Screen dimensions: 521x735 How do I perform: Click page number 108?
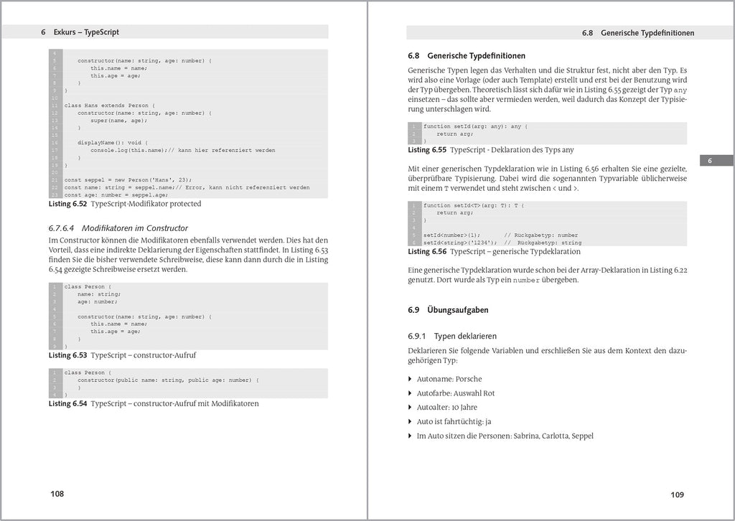(x=57, y=494)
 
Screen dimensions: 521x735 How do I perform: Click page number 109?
(x=677, y=494)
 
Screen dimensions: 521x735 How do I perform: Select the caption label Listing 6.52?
(x=67, y=204)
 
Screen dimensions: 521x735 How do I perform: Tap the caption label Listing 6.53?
(x=67, y=355)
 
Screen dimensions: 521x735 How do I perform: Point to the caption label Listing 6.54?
(x=67, y=403)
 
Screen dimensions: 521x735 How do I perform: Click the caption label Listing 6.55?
(x=427, y=150)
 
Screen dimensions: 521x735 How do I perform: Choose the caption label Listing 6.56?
(x=427, y=252)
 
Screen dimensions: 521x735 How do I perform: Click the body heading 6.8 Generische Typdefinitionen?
(x=466, y=55)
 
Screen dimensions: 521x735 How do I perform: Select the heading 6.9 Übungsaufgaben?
(x=448, y=310)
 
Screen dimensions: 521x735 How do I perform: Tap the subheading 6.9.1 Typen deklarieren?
(x=451, y=336)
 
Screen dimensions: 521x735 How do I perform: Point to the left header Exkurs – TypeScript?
(x=86, y=32)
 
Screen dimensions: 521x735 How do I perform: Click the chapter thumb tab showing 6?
(x=709, y=161)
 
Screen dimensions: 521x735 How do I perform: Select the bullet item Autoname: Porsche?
(x=449, y=379)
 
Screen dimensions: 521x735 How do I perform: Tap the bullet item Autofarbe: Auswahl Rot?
(x=456, y=393)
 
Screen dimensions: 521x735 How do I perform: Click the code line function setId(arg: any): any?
(x=475, y=126)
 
